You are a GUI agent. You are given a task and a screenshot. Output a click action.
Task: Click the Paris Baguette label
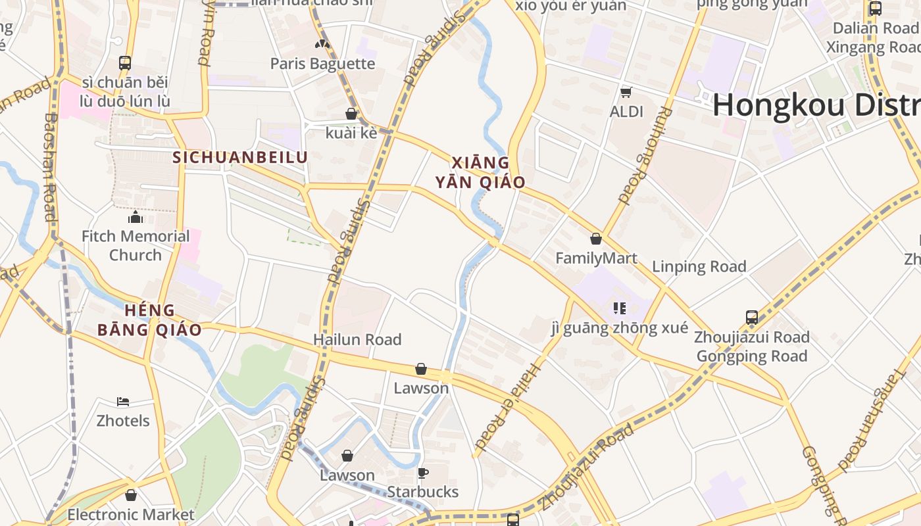tap(322, 64)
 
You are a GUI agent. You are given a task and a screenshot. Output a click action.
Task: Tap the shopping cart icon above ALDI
tap(626, 92)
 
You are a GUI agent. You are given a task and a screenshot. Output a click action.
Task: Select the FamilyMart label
tap(596, 258)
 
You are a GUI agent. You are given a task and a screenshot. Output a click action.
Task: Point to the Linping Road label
tap(699, 266)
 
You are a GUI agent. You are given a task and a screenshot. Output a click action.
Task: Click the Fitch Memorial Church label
tap(136, 245)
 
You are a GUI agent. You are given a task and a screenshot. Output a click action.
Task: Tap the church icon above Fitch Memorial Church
tap(136, 217)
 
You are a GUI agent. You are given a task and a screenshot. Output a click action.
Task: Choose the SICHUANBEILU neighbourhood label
tap(240, 157)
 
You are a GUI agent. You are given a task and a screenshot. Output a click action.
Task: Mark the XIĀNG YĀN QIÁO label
tap(480, 172)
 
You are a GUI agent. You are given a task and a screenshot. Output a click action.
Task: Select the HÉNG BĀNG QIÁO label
tap(149, 320)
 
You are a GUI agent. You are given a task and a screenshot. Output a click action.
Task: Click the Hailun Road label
tap(357, 339)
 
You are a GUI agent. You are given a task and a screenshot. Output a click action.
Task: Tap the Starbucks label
tap(422, 492)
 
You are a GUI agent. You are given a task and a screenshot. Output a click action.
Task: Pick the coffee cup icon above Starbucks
tap(423, 473)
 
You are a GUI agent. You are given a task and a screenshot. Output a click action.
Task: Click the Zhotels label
tap(123, 421)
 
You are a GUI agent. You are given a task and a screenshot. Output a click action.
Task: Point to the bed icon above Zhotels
tap(123, 402)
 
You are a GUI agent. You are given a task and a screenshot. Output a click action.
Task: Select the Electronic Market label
tap(131, 514)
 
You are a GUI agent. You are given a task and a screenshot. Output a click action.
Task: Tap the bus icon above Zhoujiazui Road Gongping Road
tap(752, 318)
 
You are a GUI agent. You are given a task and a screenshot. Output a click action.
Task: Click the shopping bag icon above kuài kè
tap(351, 114)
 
